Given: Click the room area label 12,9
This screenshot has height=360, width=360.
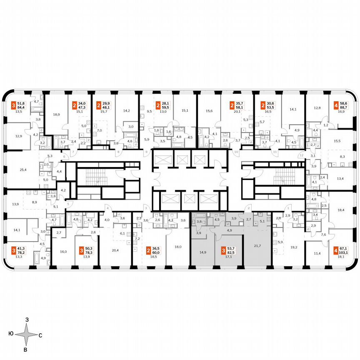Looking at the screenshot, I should pos(19,136).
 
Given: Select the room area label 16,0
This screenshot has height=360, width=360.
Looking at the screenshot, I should pos(63,252).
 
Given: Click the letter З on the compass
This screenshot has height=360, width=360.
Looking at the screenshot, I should pos(27,319).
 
